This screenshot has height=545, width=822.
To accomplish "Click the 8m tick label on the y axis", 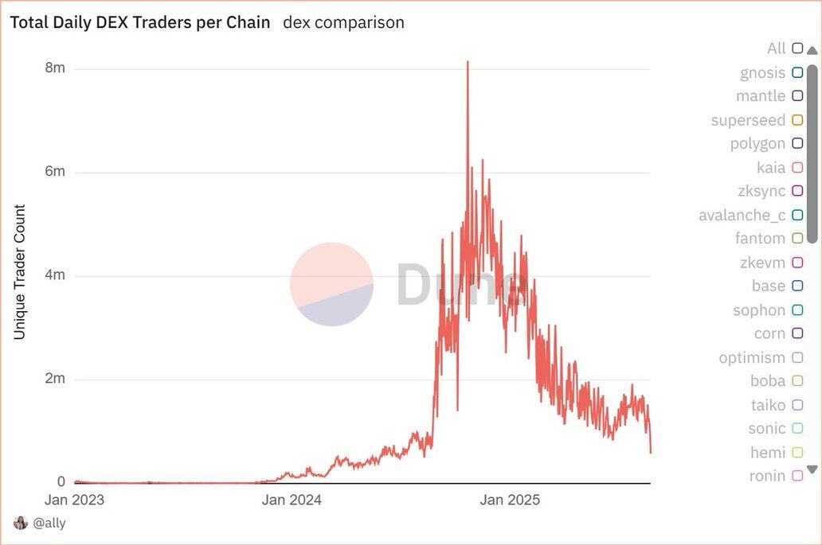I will [x=55, y=68].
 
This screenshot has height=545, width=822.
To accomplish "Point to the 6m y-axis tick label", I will [x=55, y=172].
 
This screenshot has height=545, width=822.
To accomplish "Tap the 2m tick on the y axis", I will [x=55, y=379].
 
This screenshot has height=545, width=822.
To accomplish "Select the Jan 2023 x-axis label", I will [x=75, y=500].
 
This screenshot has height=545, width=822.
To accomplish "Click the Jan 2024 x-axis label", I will [x=292, y=500].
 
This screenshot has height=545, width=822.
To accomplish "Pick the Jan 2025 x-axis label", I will [x=510, y=500].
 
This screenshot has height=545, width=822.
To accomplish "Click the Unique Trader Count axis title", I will [x=20, y=272].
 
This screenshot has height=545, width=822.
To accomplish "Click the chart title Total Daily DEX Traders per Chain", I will [x=140, y=22].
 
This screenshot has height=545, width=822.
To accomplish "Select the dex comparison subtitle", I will [x=343, y=22].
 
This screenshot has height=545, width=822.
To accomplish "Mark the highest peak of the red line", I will [x=468, y=62].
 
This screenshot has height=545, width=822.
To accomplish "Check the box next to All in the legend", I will [x=797, y=49].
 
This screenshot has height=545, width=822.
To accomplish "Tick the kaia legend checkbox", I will [x=797, y=168].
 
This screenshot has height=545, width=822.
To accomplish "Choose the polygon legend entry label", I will [x=757, y=144].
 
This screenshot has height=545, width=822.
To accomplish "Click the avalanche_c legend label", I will [x=742, y=215].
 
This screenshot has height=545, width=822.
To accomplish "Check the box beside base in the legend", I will [x=797, y=286].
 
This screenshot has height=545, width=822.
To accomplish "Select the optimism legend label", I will [x=752, y=357].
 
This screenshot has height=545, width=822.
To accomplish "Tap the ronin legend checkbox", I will [x=797, y=476].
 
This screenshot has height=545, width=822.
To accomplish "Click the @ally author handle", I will [x=49, y=523].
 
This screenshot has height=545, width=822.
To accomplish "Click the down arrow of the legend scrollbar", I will [x=812, y=469].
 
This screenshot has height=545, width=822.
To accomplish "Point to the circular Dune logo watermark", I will [x=331, y=284].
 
